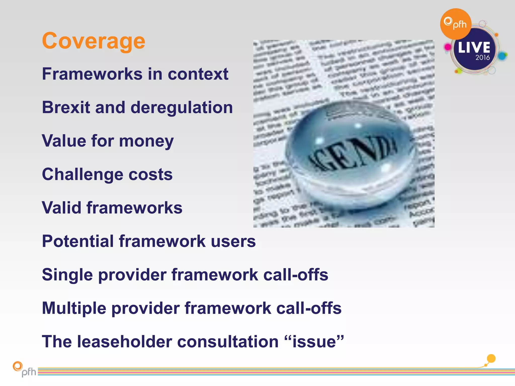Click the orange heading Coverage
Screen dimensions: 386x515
(x=94, y=41)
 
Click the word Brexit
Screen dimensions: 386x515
(x=66, y=108)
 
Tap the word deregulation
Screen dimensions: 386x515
(x=182, y=108)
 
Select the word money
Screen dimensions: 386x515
(x=146, y=141)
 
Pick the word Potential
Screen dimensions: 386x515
(x=78, y=241)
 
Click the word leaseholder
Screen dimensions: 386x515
(x=124, y=342)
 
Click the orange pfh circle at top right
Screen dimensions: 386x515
(x=455, y=24)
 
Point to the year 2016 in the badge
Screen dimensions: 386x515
(x=483, y=58)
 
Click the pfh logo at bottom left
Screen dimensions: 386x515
(x=24, y=369)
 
